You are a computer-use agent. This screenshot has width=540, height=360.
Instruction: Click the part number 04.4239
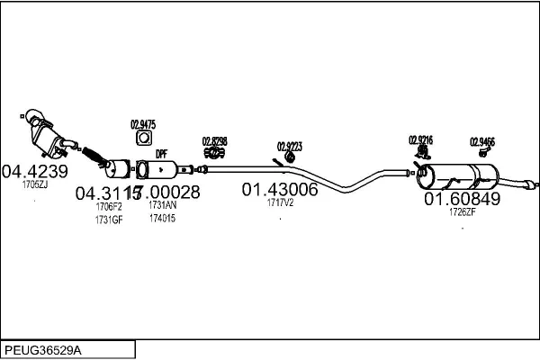[34, 171]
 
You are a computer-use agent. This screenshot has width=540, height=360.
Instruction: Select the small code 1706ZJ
[34, 184]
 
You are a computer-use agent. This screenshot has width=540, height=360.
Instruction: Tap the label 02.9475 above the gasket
[143, 124]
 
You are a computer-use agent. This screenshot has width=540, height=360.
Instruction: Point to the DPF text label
[161, 154]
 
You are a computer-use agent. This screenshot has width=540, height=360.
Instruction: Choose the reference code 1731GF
[108, 219]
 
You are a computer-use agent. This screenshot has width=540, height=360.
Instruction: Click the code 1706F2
[108, 206]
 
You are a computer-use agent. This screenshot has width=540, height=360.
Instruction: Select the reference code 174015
[162, 219]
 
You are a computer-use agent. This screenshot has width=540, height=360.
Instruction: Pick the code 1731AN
[162, 206]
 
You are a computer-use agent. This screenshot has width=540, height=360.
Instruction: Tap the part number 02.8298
[214, 140]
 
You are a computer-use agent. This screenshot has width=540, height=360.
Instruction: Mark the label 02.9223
[290, 146]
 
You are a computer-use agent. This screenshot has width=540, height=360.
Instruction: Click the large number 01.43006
[280, 190]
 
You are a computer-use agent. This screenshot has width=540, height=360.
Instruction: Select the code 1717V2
[280, 203]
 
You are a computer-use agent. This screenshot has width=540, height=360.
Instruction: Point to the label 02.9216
[420, 139]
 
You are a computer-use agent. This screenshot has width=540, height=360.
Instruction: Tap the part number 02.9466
[482, 140]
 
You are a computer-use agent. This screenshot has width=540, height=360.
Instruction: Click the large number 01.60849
[462, 199]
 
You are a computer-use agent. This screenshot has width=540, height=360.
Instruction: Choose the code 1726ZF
[462, 212]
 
